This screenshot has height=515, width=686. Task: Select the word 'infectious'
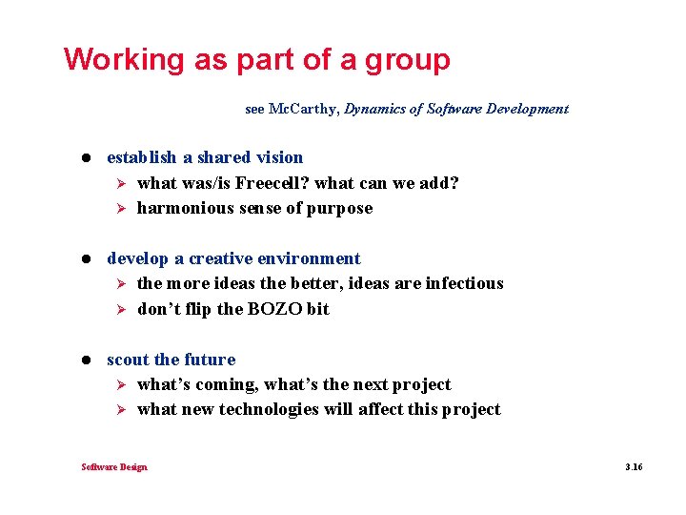(464, 283)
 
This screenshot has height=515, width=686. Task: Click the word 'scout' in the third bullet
(128, 360)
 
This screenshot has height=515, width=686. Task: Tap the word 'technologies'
(269, 409)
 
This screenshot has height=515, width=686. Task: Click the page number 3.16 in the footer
(634, 467)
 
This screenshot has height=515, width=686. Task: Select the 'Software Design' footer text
(114, 467)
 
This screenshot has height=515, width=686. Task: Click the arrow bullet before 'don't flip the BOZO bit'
(121, 309)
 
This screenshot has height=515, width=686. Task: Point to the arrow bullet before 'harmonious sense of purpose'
(121, 208)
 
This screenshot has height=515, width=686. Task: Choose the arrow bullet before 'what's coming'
(121, 384)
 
